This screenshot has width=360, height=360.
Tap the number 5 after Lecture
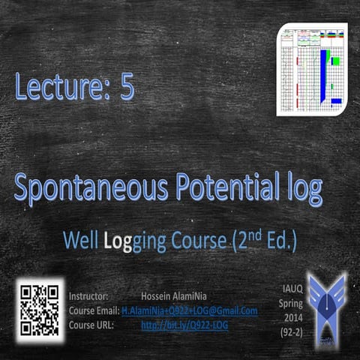click(125, 88)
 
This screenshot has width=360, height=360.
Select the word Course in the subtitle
click(194, 241)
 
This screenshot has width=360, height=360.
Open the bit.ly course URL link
click(184, 325)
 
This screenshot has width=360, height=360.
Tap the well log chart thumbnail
click(311, 69)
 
